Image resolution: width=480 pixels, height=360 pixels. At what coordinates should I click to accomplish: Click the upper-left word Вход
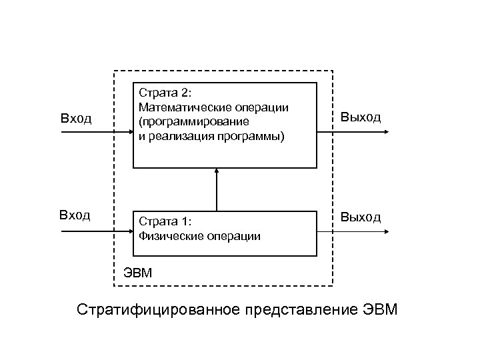click(x=75, y=119)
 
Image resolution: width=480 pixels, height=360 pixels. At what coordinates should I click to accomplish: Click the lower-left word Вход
click(x=75, y=215)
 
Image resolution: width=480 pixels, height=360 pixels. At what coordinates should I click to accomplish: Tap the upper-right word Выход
click(x=361, y=117)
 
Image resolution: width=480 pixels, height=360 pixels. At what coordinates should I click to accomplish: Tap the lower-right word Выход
click(x=361, y=217)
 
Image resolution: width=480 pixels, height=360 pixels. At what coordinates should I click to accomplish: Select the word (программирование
click(x=193, y=122)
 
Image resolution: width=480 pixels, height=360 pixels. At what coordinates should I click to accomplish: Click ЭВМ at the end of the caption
click(x=381, y=310)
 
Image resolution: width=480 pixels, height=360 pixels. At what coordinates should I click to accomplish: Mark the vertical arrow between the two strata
click(x=217, y=190)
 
